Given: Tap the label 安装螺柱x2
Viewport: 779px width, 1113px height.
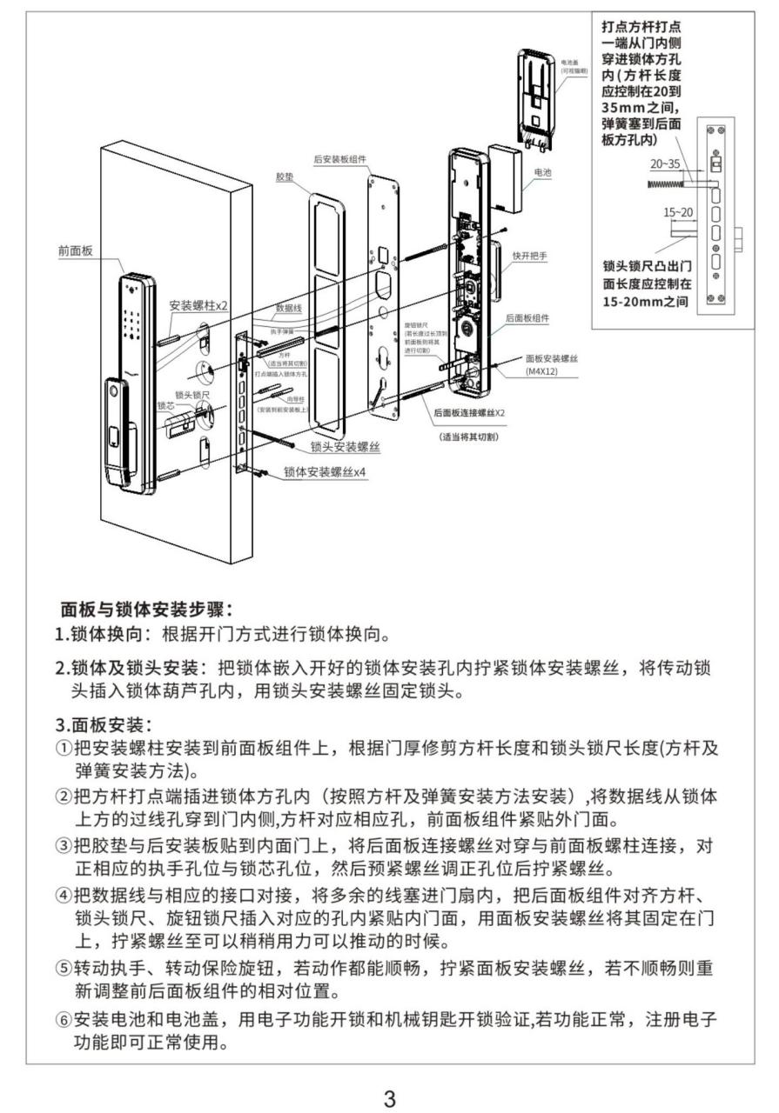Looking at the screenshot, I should pos(199,306).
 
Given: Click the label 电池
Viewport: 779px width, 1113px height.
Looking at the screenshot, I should pos(542,172).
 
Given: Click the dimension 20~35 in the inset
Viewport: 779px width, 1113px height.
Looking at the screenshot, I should pos(665,163).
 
